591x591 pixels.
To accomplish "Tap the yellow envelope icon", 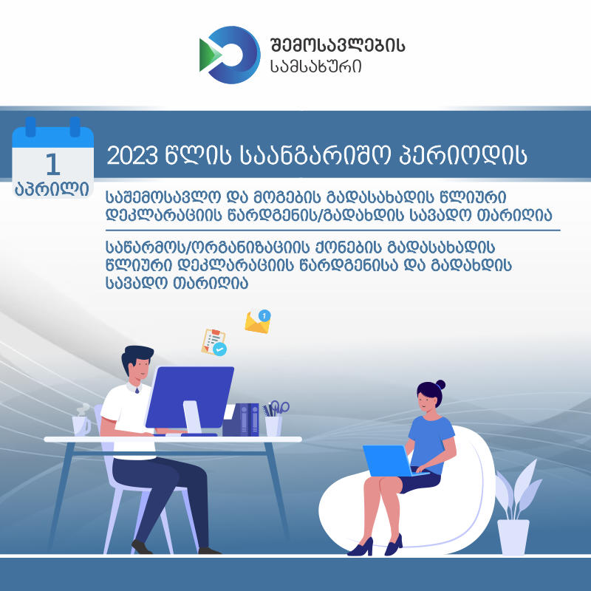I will tap(256, 322).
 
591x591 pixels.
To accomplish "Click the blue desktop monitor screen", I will tap(191, 397).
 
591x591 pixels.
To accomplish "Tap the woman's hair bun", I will tap(440, 384).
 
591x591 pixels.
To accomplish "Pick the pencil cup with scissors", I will tap(274, 421).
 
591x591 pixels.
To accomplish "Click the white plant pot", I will tap(513, 536).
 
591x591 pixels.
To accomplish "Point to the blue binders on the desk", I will tap(249, 420).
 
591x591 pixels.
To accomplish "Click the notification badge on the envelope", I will tap(265, 315).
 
